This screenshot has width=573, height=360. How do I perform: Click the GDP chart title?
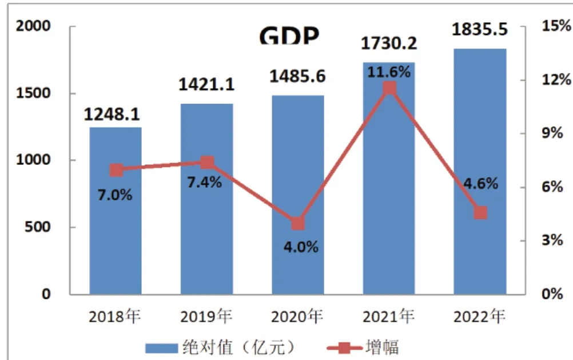pos(289,35)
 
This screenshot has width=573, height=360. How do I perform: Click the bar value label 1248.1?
pos(112,114)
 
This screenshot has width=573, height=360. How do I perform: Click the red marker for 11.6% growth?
pos(389,88)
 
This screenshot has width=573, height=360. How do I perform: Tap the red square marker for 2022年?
pos(480,213)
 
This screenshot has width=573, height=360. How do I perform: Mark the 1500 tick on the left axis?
pos(37,93)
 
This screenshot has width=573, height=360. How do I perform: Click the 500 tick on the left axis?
pos(40,227)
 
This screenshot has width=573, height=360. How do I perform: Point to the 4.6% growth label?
pos(480,184)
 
